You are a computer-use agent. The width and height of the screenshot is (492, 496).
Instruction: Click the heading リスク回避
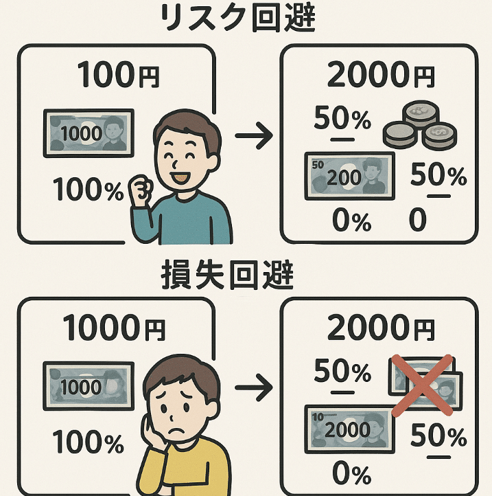point(246,19)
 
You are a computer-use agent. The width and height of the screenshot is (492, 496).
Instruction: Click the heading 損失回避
point(246,277)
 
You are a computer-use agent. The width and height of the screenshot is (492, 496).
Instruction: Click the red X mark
point(421,385)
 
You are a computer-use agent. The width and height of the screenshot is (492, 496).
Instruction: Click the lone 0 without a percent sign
point(417,221)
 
